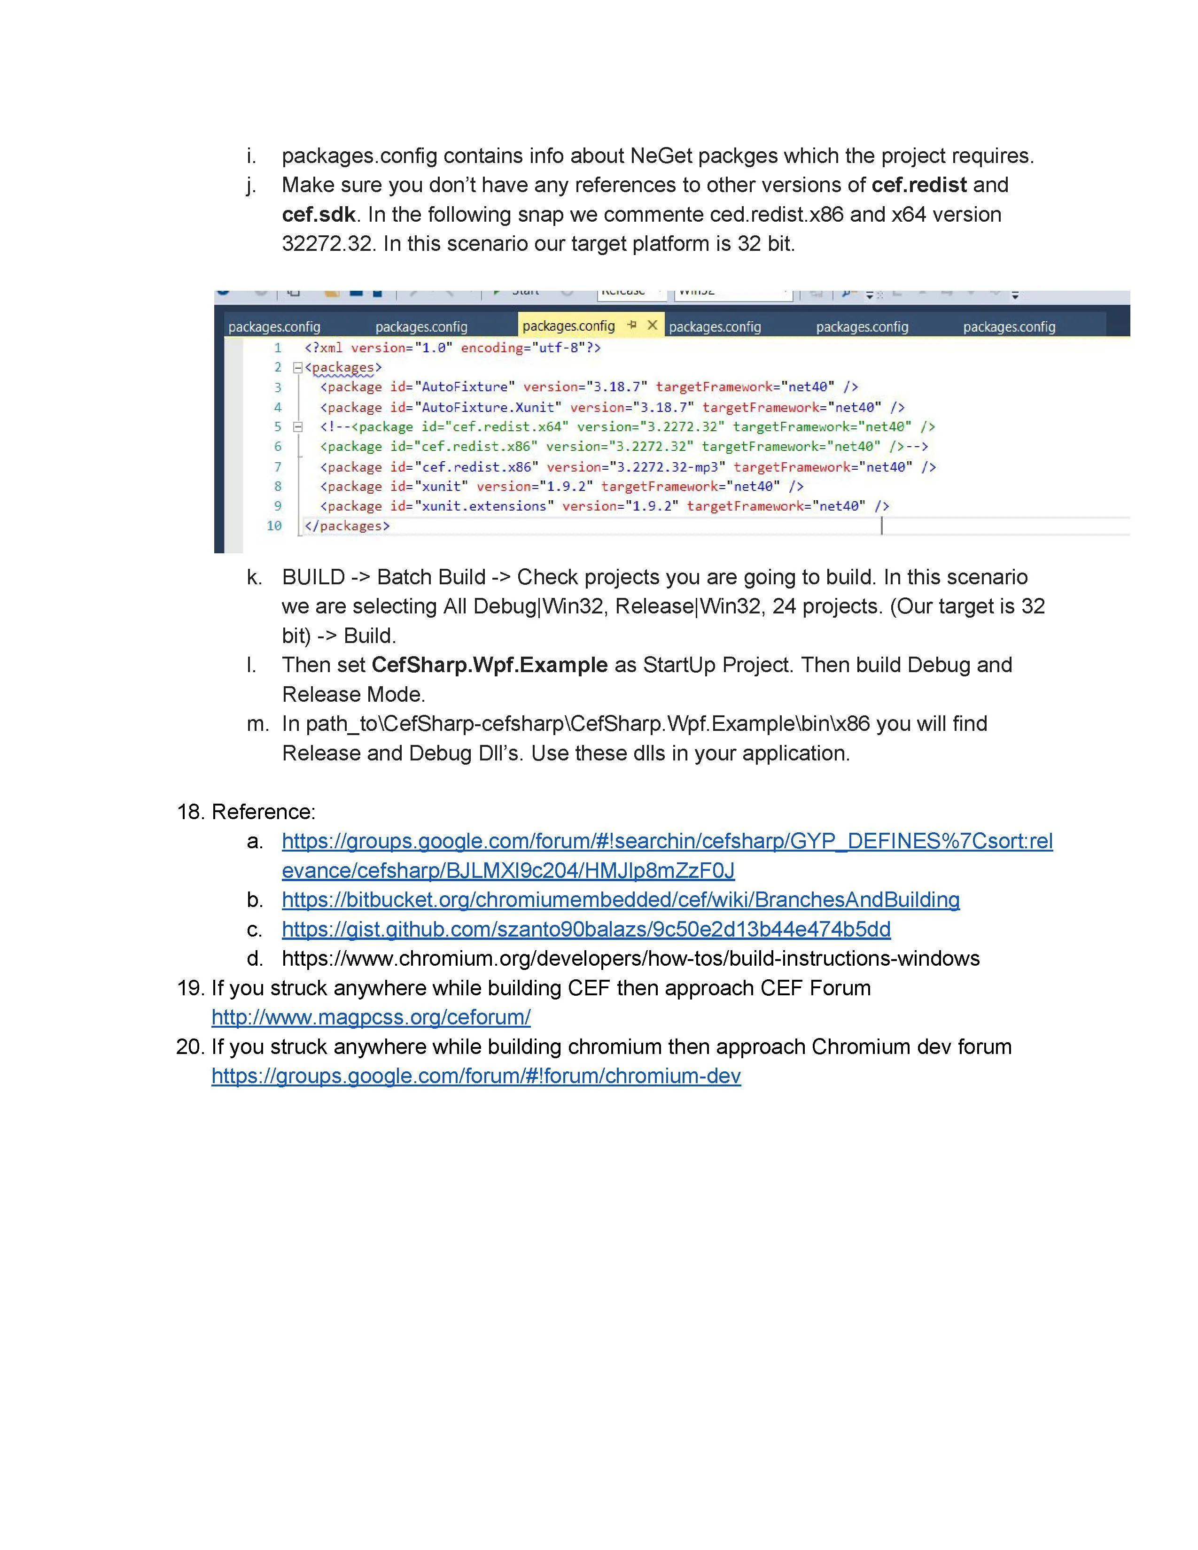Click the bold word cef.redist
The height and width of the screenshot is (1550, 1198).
coord(918,185)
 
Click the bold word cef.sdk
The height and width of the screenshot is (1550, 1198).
coord(318,214)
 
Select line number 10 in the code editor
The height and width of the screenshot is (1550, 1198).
coord(274,526)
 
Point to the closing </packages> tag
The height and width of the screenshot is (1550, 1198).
coord(347,526)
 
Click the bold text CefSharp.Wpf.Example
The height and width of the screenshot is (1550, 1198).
coord(489,665)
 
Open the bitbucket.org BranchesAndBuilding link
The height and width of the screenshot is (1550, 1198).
coord(620,900)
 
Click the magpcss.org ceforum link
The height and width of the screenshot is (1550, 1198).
coord(371,1017)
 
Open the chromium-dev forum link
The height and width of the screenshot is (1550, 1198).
coord(475,1076)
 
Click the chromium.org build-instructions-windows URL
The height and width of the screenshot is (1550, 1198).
coord(630,959)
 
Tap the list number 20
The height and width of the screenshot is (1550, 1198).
coord(189,1047)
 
